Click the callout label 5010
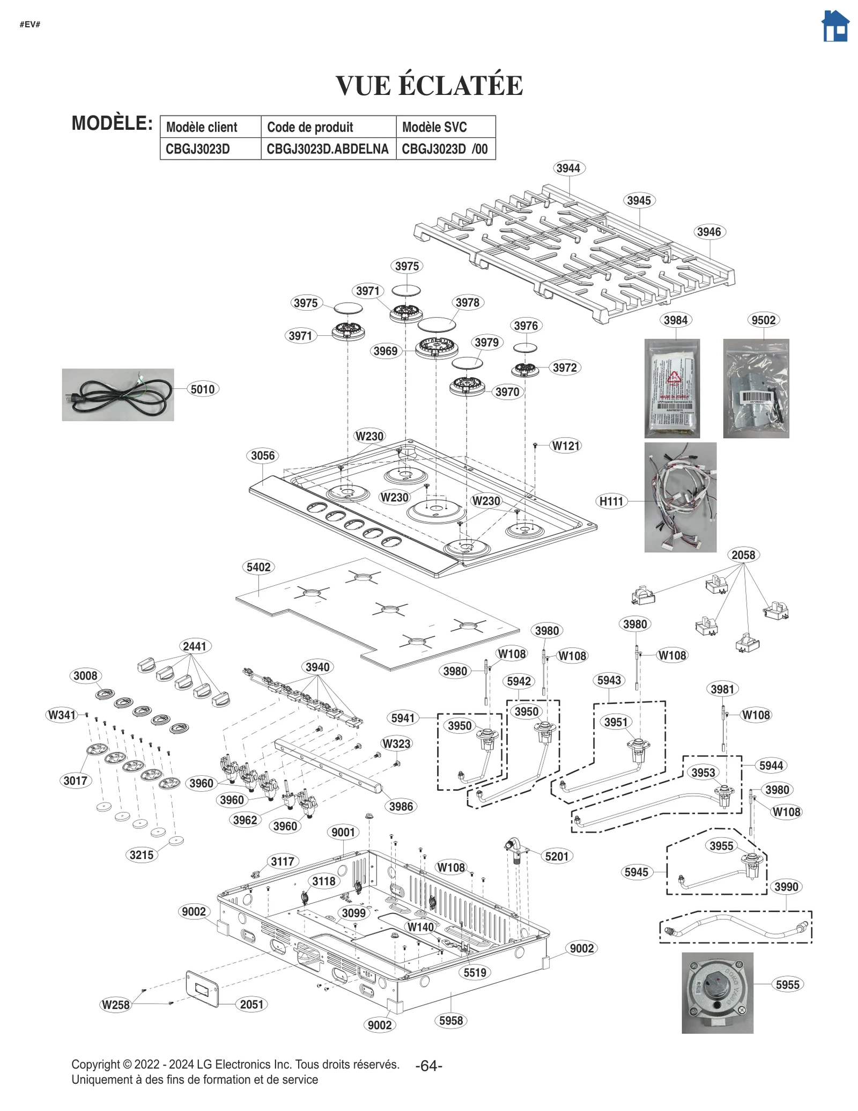pyautogui.click(x=203, y=389)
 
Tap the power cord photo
pyautogui.click(x=117, y=394)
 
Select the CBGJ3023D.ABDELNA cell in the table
pyautogui.click(x=328, y=149)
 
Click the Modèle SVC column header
pyautogui.click(x=434, y=127)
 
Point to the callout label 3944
pyautogui.click(x=568, y=168)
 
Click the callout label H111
pyautogui.click(x=611, y=501)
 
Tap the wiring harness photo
pyautogui.click(x=680, y=497)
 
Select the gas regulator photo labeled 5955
pyautogui.click(x=717, y=992)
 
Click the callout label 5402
pyautogui.click(x=258, y=567)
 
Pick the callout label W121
pyautogui.click(x=566, y=446)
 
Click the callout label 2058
pyautogui.click(x=743, y=555)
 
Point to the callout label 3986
pyautogui.click(x=401, y=806)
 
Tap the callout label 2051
pyautogui.click(x=252, y=1004)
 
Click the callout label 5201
pyautogui.click(x=557, y=856)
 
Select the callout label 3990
pyautogui.click(x=786, y=887)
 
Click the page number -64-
pyautogui.click(x=428, y=1066)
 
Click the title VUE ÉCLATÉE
pyautogui.click(x=429, y=86)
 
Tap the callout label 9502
pyautogui.click(x=763, y=320)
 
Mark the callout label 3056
pyautogui.click(x=263, y=455)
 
